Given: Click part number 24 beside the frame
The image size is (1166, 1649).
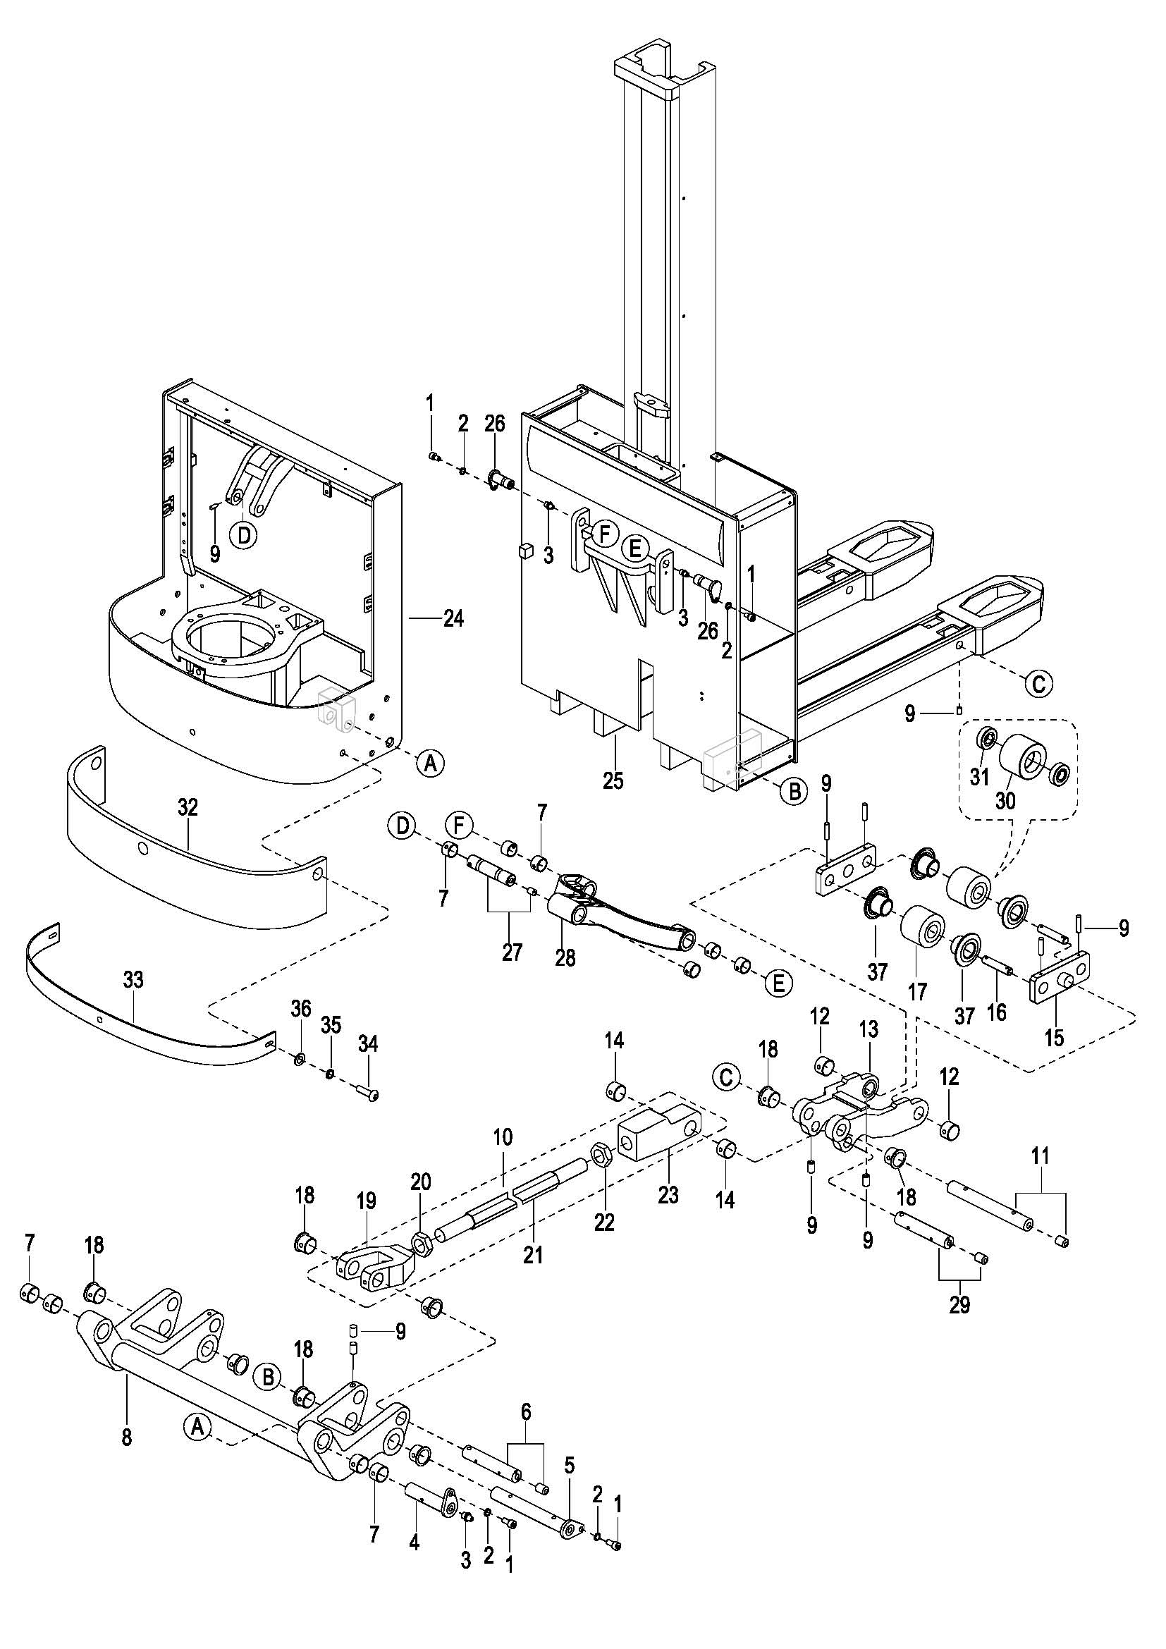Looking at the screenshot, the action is coord(453,618).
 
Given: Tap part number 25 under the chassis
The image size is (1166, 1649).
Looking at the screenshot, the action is coord(613,780).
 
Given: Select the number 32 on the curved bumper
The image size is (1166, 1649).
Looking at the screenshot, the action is coord(188,807).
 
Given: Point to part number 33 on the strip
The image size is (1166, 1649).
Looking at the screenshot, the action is coord(133,980).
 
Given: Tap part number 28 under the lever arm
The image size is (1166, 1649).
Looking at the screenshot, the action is coord(565,957).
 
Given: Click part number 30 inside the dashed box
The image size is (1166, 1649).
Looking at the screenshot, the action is coord(1005,799).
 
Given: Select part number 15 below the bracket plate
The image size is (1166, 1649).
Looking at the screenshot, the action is coord(1054,1038).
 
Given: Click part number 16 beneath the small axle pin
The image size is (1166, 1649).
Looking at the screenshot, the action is coord(997,1012).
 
